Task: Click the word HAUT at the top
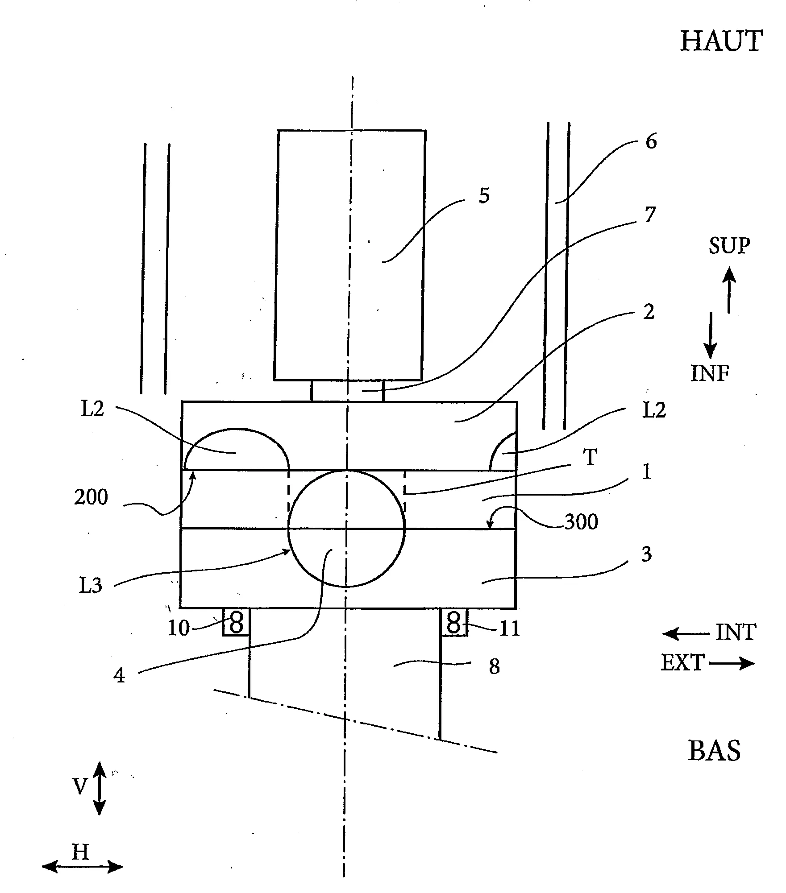pyautogui.click(x=721, y=41)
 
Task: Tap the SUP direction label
pyautogui.click(x=729, y=246)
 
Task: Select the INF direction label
pyautogui.click(x=710, y=373)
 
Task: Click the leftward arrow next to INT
pyautogui.click(x=686, y=634)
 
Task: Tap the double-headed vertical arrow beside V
pyautogui.click(x=99, y=788)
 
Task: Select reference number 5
pyautogui.click(x=484, y=196)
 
